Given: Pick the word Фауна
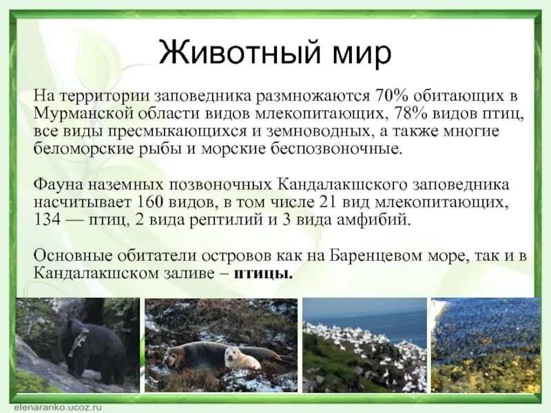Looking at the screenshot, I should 56,185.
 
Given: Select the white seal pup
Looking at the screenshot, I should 240,357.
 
